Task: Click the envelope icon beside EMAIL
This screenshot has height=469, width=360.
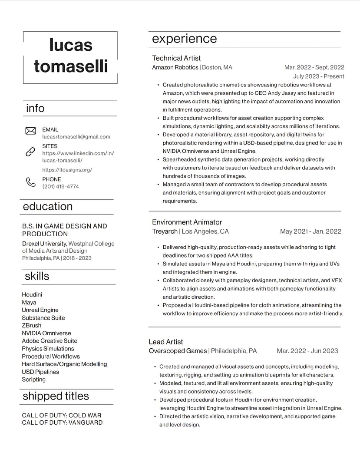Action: (x=30, y=131)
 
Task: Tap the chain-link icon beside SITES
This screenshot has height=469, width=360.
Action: (x=30, y=152)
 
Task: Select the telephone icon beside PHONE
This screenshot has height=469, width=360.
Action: (x=30, y=182)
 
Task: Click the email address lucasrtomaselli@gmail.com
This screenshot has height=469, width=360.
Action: (x=76, y=137)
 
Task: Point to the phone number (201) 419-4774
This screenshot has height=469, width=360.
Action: (x=60, y=187)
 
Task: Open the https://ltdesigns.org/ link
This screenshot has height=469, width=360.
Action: (x=67, y=170)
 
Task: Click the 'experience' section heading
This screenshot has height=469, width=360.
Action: (x=184, y=39)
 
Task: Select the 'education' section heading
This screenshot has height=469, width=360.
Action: (x=48, y=206)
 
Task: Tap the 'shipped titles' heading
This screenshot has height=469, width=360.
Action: (x=56, y=396)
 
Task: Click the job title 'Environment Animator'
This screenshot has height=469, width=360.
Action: (x=187, y=222)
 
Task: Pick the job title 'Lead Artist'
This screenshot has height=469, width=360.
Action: (x=166, y=342)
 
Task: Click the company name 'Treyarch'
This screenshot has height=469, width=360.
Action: (x=165, y=231)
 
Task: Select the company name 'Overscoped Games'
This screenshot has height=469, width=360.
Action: (x=178, y=351)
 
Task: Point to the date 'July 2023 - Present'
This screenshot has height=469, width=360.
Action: (x=318, y=76)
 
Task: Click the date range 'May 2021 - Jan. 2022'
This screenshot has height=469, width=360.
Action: (x=310, y=231)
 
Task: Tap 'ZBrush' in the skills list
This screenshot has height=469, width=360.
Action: (x=32, y=325)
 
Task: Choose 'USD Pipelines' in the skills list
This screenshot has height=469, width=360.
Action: (x=40, y=372)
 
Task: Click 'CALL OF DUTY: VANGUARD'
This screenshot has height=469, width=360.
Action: (x=62, y=423)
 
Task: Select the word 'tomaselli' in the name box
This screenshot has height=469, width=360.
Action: (x=71, y=66)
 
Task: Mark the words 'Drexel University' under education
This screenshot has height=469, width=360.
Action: (x=44, y=244)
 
